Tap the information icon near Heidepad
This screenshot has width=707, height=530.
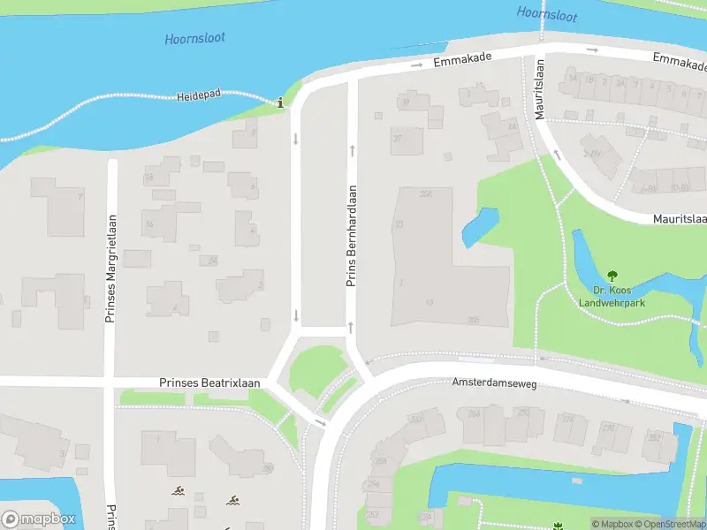click(281, 103)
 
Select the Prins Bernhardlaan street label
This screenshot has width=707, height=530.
click(351, 236)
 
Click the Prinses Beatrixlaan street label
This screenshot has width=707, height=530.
click(209, 382)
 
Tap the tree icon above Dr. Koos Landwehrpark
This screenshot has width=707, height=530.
click(612, 276)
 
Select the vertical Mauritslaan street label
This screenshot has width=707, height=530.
click(540, 89)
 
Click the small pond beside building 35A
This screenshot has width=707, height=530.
click(479, 228)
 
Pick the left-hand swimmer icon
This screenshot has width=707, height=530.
click(179, 490)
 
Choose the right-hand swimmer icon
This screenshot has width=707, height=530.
click(233, 501)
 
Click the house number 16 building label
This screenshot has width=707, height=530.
click(149, 224)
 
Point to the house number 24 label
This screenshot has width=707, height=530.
click(212, 261)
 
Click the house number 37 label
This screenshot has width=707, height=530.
click(397, 138)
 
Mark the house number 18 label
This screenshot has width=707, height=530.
click(149, 178)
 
